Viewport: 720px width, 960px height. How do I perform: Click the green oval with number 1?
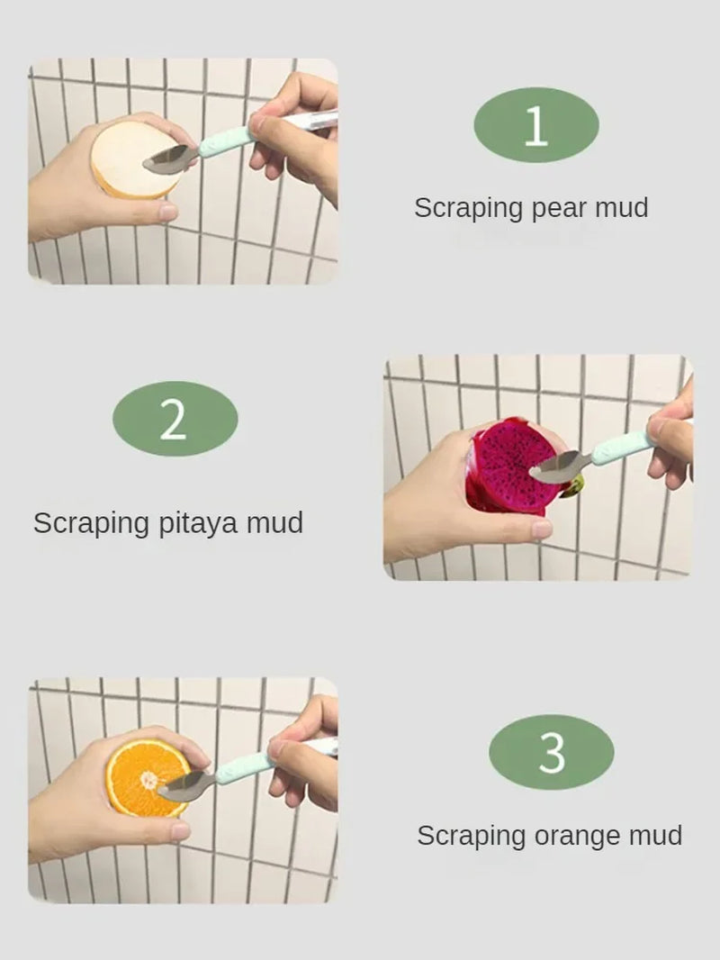pos(535,126)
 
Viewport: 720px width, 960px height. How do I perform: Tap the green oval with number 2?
pos(175,419)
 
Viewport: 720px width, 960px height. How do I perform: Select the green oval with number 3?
pos(551,752)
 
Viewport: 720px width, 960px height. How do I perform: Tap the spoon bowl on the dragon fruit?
pos(555,468)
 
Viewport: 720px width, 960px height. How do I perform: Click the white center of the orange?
pos(148,775)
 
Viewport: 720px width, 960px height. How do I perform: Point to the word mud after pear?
pos(621,209)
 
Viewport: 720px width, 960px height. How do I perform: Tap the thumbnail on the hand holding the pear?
pos(167,213)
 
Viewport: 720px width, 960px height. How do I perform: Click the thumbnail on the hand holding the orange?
pos(179,830)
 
